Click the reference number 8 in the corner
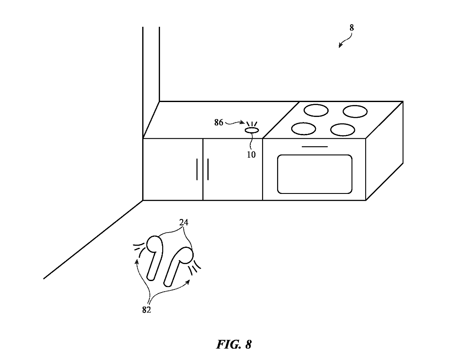[352, 28]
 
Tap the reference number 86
[219, 122]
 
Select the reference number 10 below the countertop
[251, 155]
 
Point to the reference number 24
[184, 222]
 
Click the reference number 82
[146, 310]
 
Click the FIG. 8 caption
[234, 344]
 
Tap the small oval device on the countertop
[252, 130]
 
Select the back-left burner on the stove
[316, 111]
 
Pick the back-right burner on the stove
[355, 111]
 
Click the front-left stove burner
[304, 128]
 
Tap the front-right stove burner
[343, 129]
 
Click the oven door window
[315, 174]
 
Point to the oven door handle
[315, 147]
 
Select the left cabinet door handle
[197, 169]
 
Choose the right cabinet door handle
[208, 169]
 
